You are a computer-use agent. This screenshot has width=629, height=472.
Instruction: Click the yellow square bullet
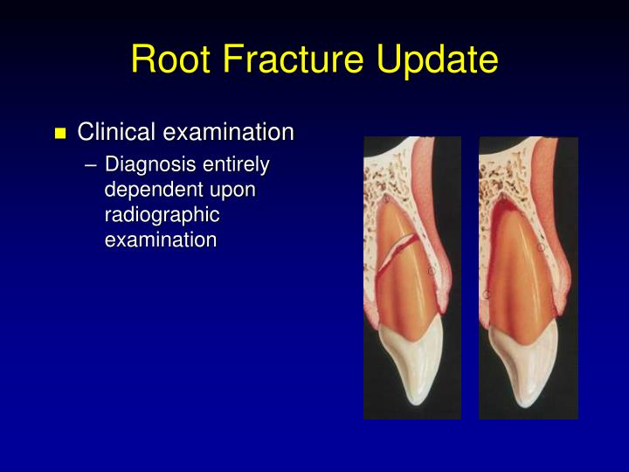60,134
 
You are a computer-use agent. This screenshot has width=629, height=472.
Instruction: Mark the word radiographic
162,214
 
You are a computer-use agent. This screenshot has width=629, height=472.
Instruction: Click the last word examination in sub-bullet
160,239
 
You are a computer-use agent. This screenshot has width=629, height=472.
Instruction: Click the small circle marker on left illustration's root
431,273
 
